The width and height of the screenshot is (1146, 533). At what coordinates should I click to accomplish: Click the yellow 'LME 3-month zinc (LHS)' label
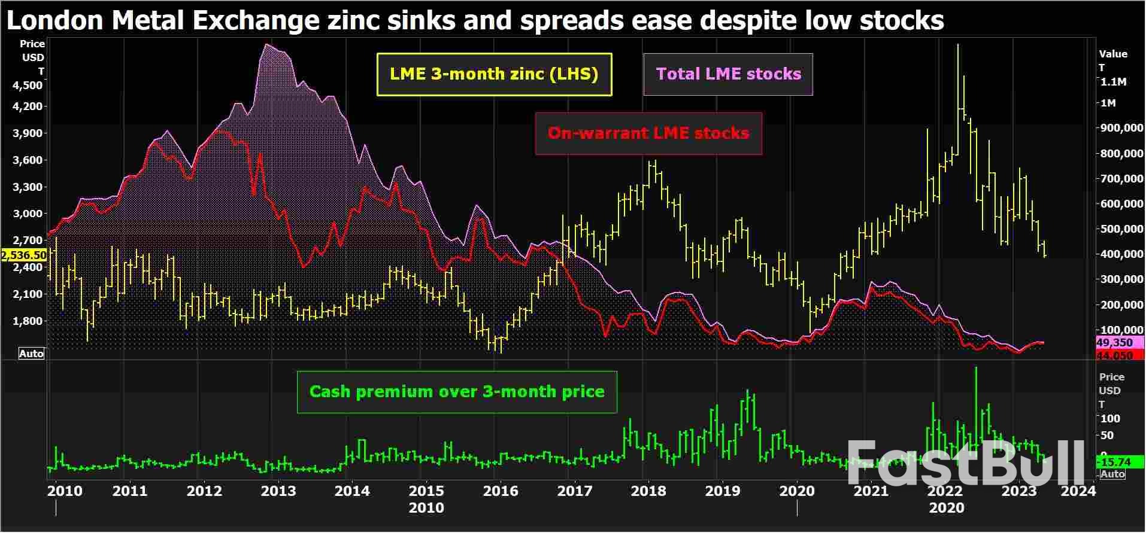tap(494, 74)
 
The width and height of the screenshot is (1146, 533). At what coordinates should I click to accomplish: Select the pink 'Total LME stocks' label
tap(728, 74)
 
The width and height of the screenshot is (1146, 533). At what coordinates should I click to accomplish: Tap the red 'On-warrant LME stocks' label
tap(648, 133)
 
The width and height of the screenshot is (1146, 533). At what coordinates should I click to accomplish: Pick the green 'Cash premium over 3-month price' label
tap(457, 392)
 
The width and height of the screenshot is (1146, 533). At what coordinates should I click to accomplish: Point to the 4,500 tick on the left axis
tap(28, 86)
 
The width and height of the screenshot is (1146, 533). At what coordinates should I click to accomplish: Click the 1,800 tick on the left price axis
tap(28, 321)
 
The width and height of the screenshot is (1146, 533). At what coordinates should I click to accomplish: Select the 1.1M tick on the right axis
tap(1114, 82)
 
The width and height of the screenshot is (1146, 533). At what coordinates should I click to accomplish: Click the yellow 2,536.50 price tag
tap(24, 255)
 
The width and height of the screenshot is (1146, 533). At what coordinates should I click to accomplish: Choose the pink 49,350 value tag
tap(1114, 343)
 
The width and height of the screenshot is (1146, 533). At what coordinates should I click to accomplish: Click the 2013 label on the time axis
tap(278, 491)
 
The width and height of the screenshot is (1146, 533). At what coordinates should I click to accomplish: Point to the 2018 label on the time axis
tap(648, 491)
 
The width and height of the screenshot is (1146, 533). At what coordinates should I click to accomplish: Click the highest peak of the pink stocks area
tap(266, 44)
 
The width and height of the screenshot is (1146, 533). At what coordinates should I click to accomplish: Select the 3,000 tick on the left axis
tap(28, 214)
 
